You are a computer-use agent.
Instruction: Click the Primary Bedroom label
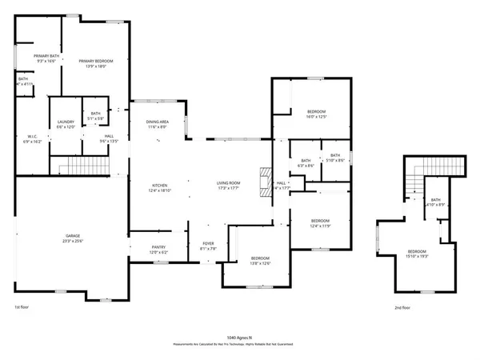95,64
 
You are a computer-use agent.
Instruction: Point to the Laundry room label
66,124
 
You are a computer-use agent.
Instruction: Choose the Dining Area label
157,124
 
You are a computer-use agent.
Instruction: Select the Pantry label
157,250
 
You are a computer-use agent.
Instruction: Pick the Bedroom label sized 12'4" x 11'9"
320,222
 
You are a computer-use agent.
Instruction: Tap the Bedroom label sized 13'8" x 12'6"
260,260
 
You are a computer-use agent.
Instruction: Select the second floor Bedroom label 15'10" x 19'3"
418,254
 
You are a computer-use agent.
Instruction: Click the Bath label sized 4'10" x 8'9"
435,202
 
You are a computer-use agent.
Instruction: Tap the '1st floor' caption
22,307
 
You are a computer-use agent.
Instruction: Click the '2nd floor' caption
402,307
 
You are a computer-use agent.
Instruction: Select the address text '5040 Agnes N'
239,338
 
